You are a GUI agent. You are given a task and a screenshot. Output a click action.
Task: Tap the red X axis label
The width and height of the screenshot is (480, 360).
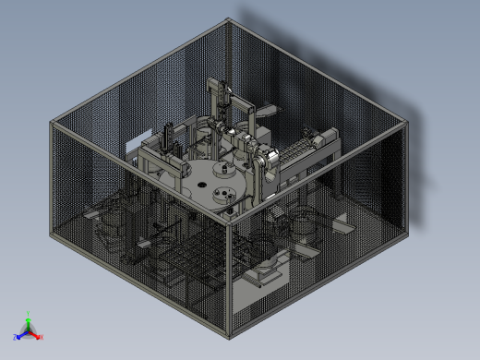(x=42, y=337)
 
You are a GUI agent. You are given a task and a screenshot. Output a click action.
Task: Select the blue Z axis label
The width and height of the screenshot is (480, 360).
(x=16, y=338)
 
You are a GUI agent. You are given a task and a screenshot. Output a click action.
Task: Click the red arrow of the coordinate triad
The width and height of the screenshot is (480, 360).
(x=36, y=334)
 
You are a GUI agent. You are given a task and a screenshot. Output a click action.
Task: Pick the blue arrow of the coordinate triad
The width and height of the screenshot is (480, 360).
(x=21, y=334)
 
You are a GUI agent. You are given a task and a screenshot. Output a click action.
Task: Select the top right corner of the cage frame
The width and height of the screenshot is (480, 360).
(x=405, y=124)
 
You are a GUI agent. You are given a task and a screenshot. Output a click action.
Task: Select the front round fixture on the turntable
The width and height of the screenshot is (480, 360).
(x=222, y=195)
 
